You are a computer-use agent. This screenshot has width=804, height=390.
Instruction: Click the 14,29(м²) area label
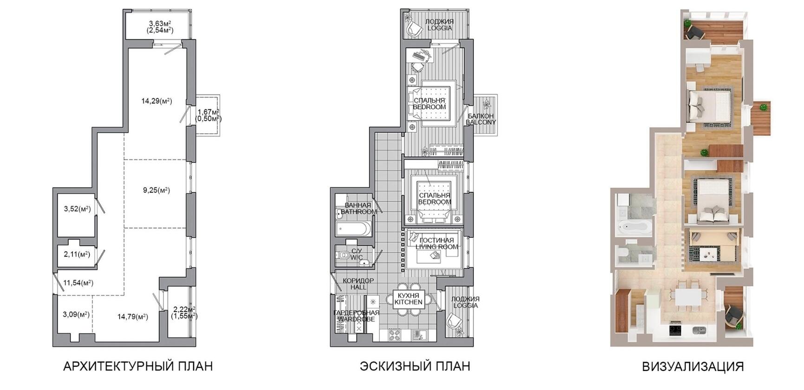(x=156, y=101)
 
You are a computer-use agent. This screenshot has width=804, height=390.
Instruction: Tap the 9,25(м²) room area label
(x=156, y=190)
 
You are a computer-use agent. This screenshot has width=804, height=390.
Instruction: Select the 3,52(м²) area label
(x=77, y=209)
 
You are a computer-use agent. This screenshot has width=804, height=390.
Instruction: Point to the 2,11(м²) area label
(x=77, y=254)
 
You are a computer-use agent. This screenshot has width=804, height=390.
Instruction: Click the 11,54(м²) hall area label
(x=78, y=282)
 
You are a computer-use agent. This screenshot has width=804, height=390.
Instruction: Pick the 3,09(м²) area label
(x=76, y=314)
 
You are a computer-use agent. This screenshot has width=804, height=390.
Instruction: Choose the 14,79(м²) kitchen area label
(x=133, y=317)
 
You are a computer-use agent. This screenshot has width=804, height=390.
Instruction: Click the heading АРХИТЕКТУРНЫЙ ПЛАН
(x=138, y=366)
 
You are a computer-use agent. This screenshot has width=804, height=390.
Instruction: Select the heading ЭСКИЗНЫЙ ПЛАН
(x=415, y=366)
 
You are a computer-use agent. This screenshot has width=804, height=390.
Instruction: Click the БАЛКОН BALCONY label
(x=481, y=119)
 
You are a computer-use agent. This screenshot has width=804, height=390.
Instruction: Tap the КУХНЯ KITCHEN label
(x=408, y=299)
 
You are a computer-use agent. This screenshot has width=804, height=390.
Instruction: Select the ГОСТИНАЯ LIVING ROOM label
(x=437, y=243)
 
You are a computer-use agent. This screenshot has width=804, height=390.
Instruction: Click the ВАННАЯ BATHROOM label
(x=358, y=208)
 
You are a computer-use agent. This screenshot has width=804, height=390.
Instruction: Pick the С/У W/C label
(x=357, y=254)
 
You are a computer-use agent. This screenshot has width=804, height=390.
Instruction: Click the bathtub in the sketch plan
(x=354, y=228)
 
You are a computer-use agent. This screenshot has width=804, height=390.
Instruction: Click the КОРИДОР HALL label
(x=358, y=284)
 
